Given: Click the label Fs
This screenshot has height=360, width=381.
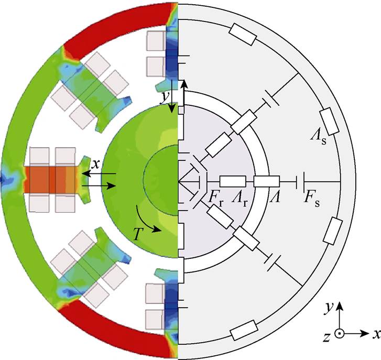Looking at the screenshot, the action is [x=312, y=200].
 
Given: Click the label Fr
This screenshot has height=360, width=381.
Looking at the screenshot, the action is [x=216, y=200].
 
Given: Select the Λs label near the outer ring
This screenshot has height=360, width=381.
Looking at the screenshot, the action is [x=318, y=137].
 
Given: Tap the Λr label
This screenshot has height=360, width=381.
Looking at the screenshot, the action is [x=240, y=200].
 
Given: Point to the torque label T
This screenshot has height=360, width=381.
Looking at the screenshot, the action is [x=137, y=234].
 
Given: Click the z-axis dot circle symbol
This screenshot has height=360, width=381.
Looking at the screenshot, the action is [x=340, y=333].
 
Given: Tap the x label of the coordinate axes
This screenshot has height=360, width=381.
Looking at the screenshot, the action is [x=376, y=334].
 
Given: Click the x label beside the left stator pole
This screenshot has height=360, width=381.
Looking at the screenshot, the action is [x=95, y=165].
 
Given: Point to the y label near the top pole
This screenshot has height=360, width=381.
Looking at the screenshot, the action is [x=165, y=97].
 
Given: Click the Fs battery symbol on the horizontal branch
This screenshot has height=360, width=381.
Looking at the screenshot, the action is [x=301, y=181].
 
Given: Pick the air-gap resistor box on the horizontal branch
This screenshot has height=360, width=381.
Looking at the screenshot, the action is [x=267, y=182].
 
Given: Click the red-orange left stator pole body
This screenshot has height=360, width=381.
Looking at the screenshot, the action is [x=51, y=180].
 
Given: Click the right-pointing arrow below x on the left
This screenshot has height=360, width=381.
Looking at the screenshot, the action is [x=99, y=186].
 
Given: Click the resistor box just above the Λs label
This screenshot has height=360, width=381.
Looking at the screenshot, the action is [x=329, y=121].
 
